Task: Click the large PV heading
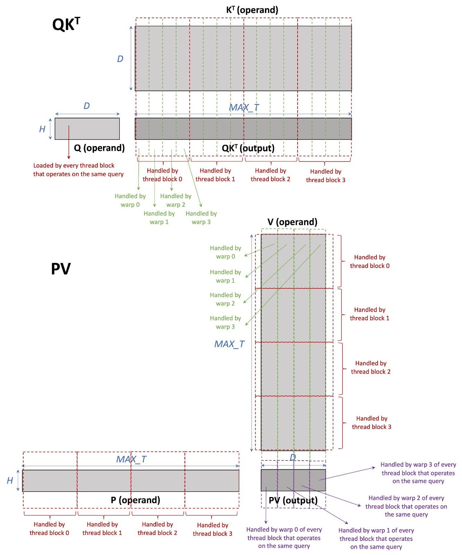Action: [x=61, y=269]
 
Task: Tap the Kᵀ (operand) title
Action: [x=252, y=10]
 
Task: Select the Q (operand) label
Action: [x=99, y=148]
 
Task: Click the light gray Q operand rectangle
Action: [x=87, y=129]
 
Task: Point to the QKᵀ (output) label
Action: [x=248, y=148]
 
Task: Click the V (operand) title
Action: [x=292, y=222]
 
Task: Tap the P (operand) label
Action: [x=135, y=500]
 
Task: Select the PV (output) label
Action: [x=293, y=500]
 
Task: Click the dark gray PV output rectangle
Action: [x=293, y=480]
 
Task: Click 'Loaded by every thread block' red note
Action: [x=78, y=170]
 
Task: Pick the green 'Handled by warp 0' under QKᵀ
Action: [x=130, y=200]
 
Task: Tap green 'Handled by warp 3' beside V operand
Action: [x=225, y=322]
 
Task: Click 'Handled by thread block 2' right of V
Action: [x=370, y=367]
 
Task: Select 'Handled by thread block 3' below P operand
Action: [x=212, y=529]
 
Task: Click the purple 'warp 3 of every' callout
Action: [x=418, y=472]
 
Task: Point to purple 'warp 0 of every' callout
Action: [x=284, y=538]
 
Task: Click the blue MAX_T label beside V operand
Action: [x=229, y=344]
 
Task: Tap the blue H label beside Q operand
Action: [x=42, y=129]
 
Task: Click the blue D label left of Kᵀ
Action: [x=120, y=59]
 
